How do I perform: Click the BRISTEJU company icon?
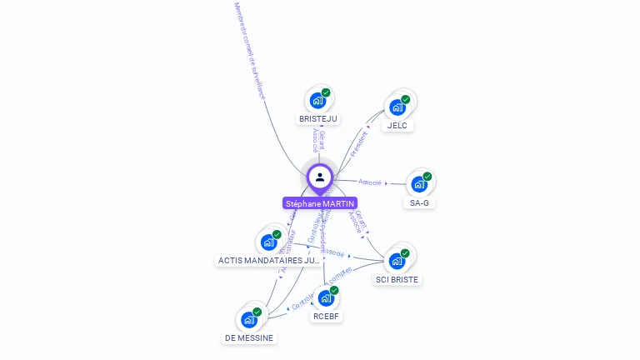pos(317,101)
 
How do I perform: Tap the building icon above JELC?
pos(397,107)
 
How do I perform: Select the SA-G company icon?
pos(418,184)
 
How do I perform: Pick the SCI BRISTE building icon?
pos(397,261)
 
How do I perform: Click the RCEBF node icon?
pos(326,298)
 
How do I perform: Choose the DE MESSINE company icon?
pos(248,320)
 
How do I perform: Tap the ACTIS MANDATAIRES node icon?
pos(268,242)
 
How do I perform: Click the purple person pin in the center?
pos(319,177)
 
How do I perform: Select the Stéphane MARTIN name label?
pos(320,203)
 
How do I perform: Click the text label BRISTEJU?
pos(317,119)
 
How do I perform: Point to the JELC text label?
pos(397,126)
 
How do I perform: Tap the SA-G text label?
pos(419,202)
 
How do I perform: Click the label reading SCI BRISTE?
pos(397,280)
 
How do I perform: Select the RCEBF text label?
pos(327,317)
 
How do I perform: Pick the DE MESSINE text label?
pos(249,337)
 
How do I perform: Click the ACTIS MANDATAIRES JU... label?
pos(268,261)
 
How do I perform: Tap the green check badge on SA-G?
pos(427,176)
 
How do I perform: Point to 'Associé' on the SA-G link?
pos(370,182)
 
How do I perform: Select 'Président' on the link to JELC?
pos(359,144)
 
